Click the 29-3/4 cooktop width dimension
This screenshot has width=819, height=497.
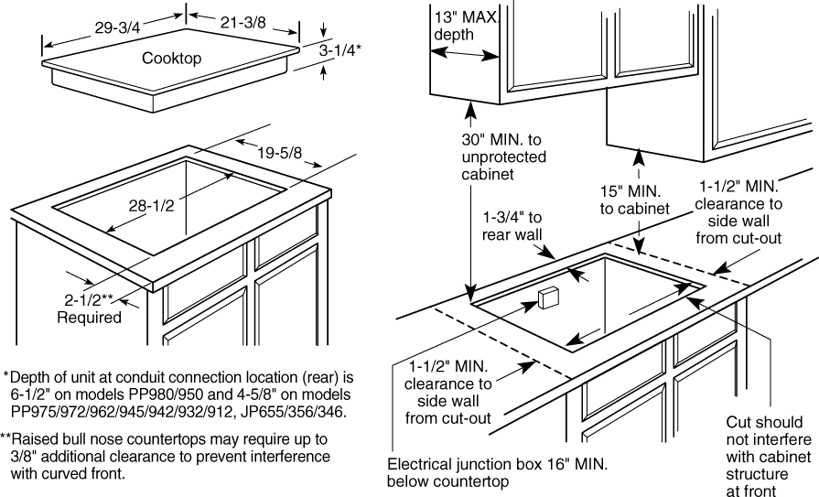click(116, 27)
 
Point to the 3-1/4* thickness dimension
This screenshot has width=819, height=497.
click(339, 52)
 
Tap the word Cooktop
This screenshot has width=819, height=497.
click(171, 59)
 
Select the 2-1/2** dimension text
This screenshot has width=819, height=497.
click(89, 299)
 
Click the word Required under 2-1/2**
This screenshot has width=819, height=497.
click(89, 318)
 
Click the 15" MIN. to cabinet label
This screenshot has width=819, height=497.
click(636, 200)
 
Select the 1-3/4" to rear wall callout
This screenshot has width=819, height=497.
click(513, 226)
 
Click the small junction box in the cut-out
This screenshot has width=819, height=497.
click(550, 297)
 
